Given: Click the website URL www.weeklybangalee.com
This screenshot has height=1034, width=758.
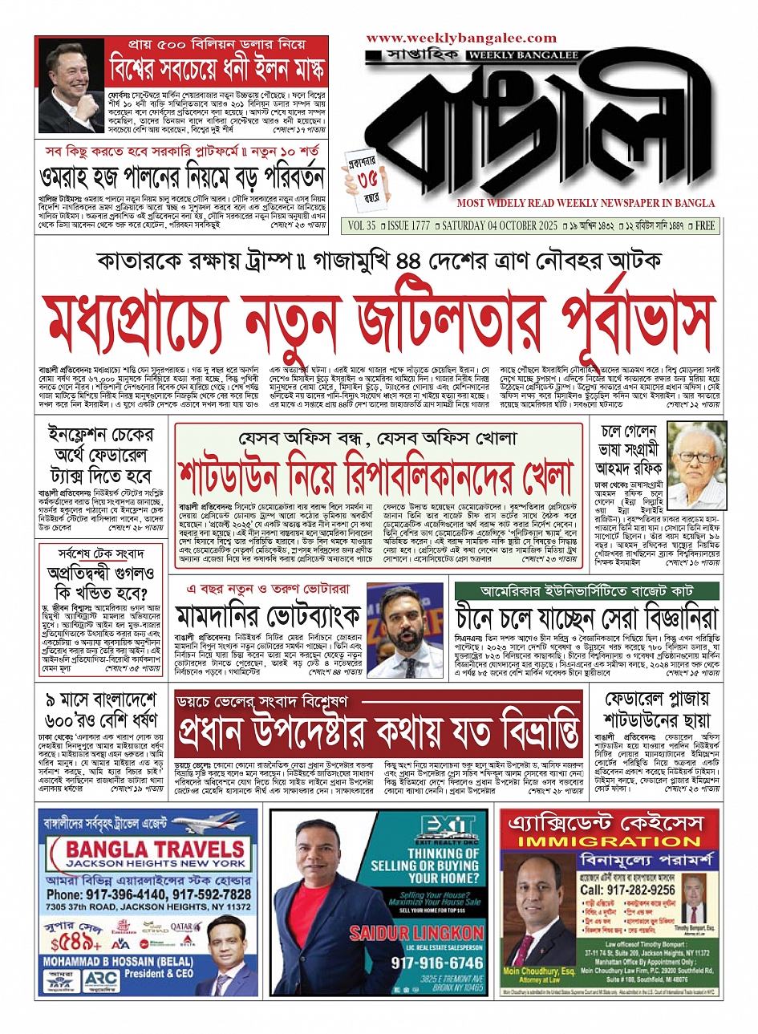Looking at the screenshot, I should (461, 38).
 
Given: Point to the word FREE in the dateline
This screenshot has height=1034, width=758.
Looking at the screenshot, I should (705, 226).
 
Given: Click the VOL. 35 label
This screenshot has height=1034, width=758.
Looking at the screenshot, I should (361, 226).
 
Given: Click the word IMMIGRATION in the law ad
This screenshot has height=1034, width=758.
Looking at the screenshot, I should (610, 841).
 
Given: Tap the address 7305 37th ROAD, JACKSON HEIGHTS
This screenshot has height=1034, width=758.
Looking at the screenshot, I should (148, 906).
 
